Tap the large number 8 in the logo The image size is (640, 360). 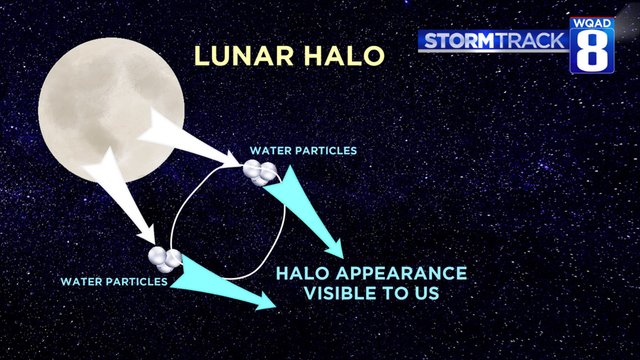pos(592,51)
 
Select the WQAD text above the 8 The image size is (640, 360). pos(592,23)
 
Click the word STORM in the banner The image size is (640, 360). pos(460,41)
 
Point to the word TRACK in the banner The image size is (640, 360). pos(530,41)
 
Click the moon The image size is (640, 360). pos(111,110)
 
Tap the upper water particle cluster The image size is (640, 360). pos(260,172)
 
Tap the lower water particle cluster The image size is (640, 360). pos(165,259)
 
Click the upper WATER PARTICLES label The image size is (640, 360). pos(303,151)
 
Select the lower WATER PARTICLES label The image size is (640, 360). pos(114,281)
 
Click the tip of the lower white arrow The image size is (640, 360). pos(154,244)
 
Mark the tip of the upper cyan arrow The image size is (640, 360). pos(343,258)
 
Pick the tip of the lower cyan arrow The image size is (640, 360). pos(276,307)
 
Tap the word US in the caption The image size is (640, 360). pos(427,294)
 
